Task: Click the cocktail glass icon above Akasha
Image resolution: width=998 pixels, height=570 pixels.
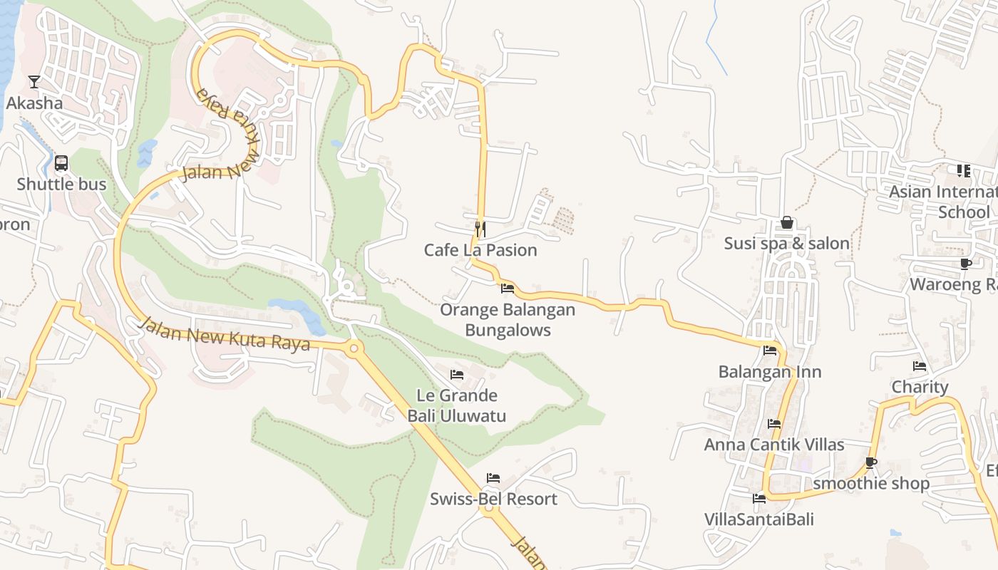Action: click(x=34, y=82)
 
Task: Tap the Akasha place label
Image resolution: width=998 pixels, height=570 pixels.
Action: click(x=34, y=103)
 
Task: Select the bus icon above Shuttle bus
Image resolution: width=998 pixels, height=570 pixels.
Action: click(x=61, y=163)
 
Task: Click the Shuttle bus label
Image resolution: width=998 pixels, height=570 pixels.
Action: click(x=61, y=185)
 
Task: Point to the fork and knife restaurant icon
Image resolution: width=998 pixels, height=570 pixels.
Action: click(x=480, y=229)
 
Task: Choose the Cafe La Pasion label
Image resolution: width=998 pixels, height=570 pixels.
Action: click(x=480, y=251)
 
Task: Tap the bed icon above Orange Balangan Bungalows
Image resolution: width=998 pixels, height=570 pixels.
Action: click(x=508, y=289)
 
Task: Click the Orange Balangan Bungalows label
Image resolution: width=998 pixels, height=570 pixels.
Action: click(x=508, y=320)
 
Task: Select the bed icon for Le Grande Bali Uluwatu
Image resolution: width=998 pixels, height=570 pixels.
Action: click(x=457, y=375)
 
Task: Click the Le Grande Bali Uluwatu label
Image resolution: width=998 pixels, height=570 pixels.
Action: click(x=457, y=405)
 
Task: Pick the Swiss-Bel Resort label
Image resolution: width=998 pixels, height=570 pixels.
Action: click(x=493, y=499)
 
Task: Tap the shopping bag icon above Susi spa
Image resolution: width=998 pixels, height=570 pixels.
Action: click(x=787, y=223)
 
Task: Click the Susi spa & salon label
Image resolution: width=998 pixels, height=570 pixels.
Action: click(x=787, y=244)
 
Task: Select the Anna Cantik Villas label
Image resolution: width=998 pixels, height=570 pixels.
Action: click(x=774, y=445)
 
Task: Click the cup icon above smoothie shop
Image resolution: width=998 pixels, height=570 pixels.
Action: click(x=871, y=462)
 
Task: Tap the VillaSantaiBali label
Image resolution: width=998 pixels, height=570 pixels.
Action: click(x=759, y=519)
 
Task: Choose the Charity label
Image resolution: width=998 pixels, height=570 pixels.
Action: click(x=920, y=388)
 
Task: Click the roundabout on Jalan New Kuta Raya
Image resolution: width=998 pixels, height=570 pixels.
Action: click(x=353, y=349)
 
